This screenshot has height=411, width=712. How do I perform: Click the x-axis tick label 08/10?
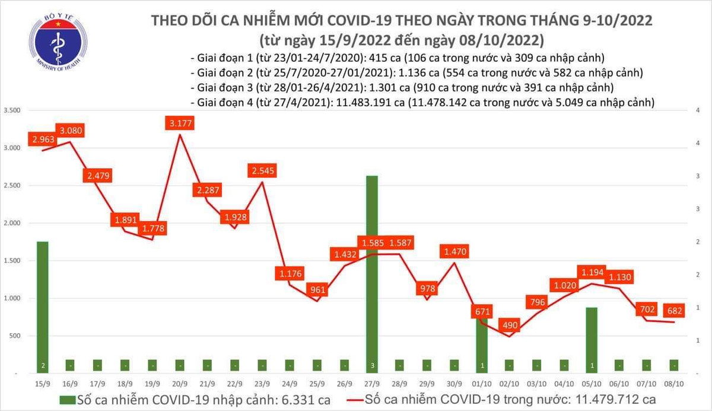(x=675, y=384)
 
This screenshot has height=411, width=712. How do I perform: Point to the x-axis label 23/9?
(x=262, y=384)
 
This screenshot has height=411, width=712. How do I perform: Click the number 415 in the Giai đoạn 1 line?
(x=373, y=58)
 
